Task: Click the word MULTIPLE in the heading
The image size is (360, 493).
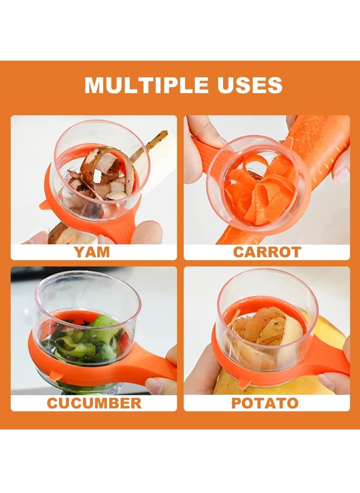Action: tap(147, 85)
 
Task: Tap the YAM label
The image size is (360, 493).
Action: tap(92, 252)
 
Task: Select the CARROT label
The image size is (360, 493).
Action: tap(267, 252)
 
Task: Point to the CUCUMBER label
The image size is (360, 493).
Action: tap(94, 403)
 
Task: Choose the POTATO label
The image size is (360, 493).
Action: tap(265, 403)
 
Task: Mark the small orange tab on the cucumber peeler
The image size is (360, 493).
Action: tap(56, 375)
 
